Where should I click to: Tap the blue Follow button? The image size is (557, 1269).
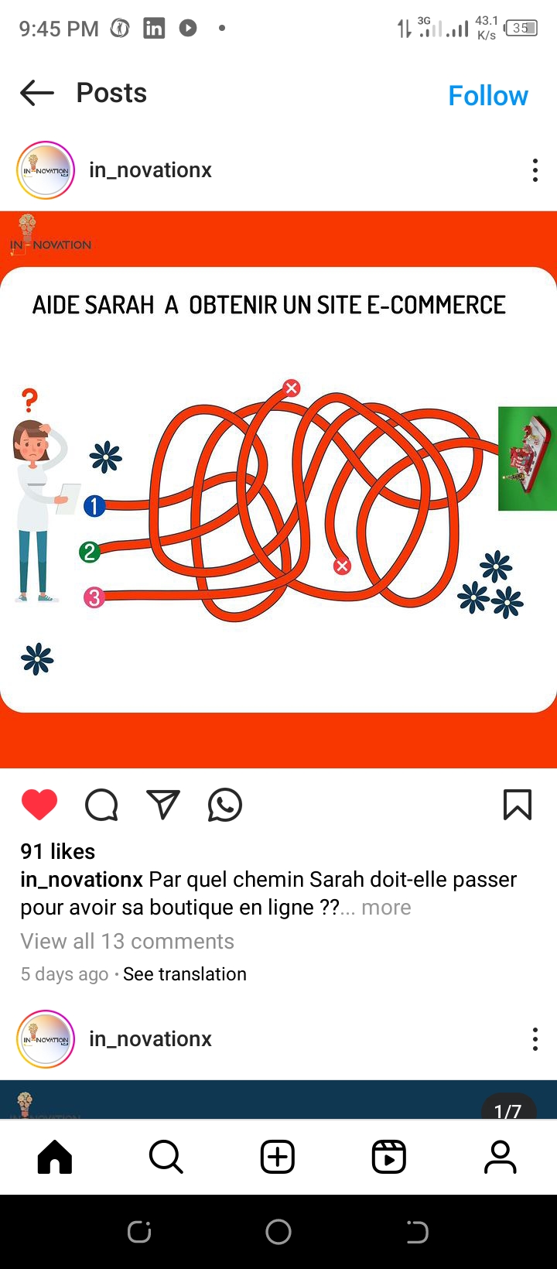click(488, 96)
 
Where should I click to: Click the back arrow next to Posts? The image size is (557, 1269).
click(37, 93)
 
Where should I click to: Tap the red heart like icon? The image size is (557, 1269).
click(39, 805)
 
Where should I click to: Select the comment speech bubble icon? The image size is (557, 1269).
click(101, 805)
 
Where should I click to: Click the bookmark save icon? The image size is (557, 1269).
click(518, 805)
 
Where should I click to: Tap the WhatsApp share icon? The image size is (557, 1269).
click(225, 805)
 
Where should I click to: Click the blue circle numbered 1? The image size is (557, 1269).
click(94, 506)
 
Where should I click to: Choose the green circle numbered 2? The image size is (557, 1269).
click(90, 552)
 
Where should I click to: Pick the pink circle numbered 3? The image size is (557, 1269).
click(94, 597)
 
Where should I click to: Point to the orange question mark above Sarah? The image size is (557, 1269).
click(29, 400)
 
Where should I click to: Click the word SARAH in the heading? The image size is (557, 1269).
click(119, 306)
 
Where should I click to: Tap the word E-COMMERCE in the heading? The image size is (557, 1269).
click(436, 306)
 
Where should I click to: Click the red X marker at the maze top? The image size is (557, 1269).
click(292, 388)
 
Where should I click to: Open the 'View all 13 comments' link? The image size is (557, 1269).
click(127, 941)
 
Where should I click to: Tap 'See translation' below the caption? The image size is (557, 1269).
click(185, 974)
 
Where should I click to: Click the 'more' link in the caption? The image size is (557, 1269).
click(386, 908)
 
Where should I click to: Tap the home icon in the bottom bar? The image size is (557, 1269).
click(55, 1156)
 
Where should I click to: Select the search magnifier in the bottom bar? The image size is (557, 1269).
click(166, 1156)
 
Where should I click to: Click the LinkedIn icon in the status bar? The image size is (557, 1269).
click(153, 28)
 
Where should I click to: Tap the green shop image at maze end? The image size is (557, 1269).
click(528, 458)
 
